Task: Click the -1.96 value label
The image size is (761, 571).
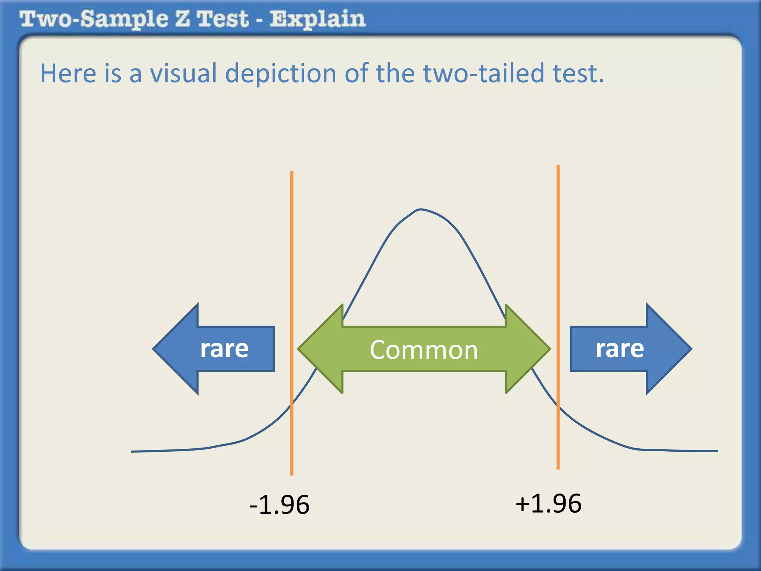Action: tap(279, 505)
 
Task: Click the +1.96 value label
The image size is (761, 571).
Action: tap(548, 504)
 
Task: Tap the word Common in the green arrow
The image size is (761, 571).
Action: tap(424, 350)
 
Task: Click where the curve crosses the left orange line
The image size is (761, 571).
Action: tap(292, 405)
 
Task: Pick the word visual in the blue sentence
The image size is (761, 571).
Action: tap(183, 73)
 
